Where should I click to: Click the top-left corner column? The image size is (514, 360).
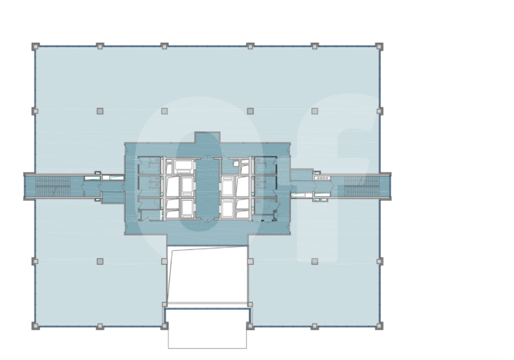35,46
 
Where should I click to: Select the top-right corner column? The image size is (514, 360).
379,46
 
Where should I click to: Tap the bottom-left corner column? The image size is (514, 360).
35,326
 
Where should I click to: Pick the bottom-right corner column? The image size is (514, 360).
379,326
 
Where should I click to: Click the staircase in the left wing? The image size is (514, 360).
53,186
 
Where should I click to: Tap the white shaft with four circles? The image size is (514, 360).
322,178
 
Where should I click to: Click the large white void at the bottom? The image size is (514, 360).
207,274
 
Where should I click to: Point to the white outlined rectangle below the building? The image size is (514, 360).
207,328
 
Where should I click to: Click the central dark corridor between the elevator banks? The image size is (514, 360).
207,188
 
